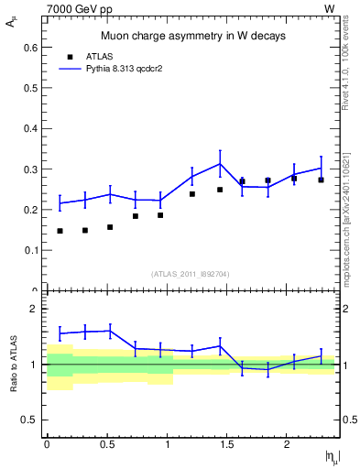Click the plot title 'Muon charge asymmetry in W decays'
[x=192, y=36]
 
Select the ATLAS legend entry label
[x=98, y=56]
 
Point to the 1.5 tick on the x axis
[x=227, y=444]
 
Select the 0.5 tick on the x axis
[x=106, y=444]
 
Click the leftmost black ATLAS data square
[x=60, y=231]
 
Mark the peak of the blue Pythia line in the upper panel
[x=220, y=164]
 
